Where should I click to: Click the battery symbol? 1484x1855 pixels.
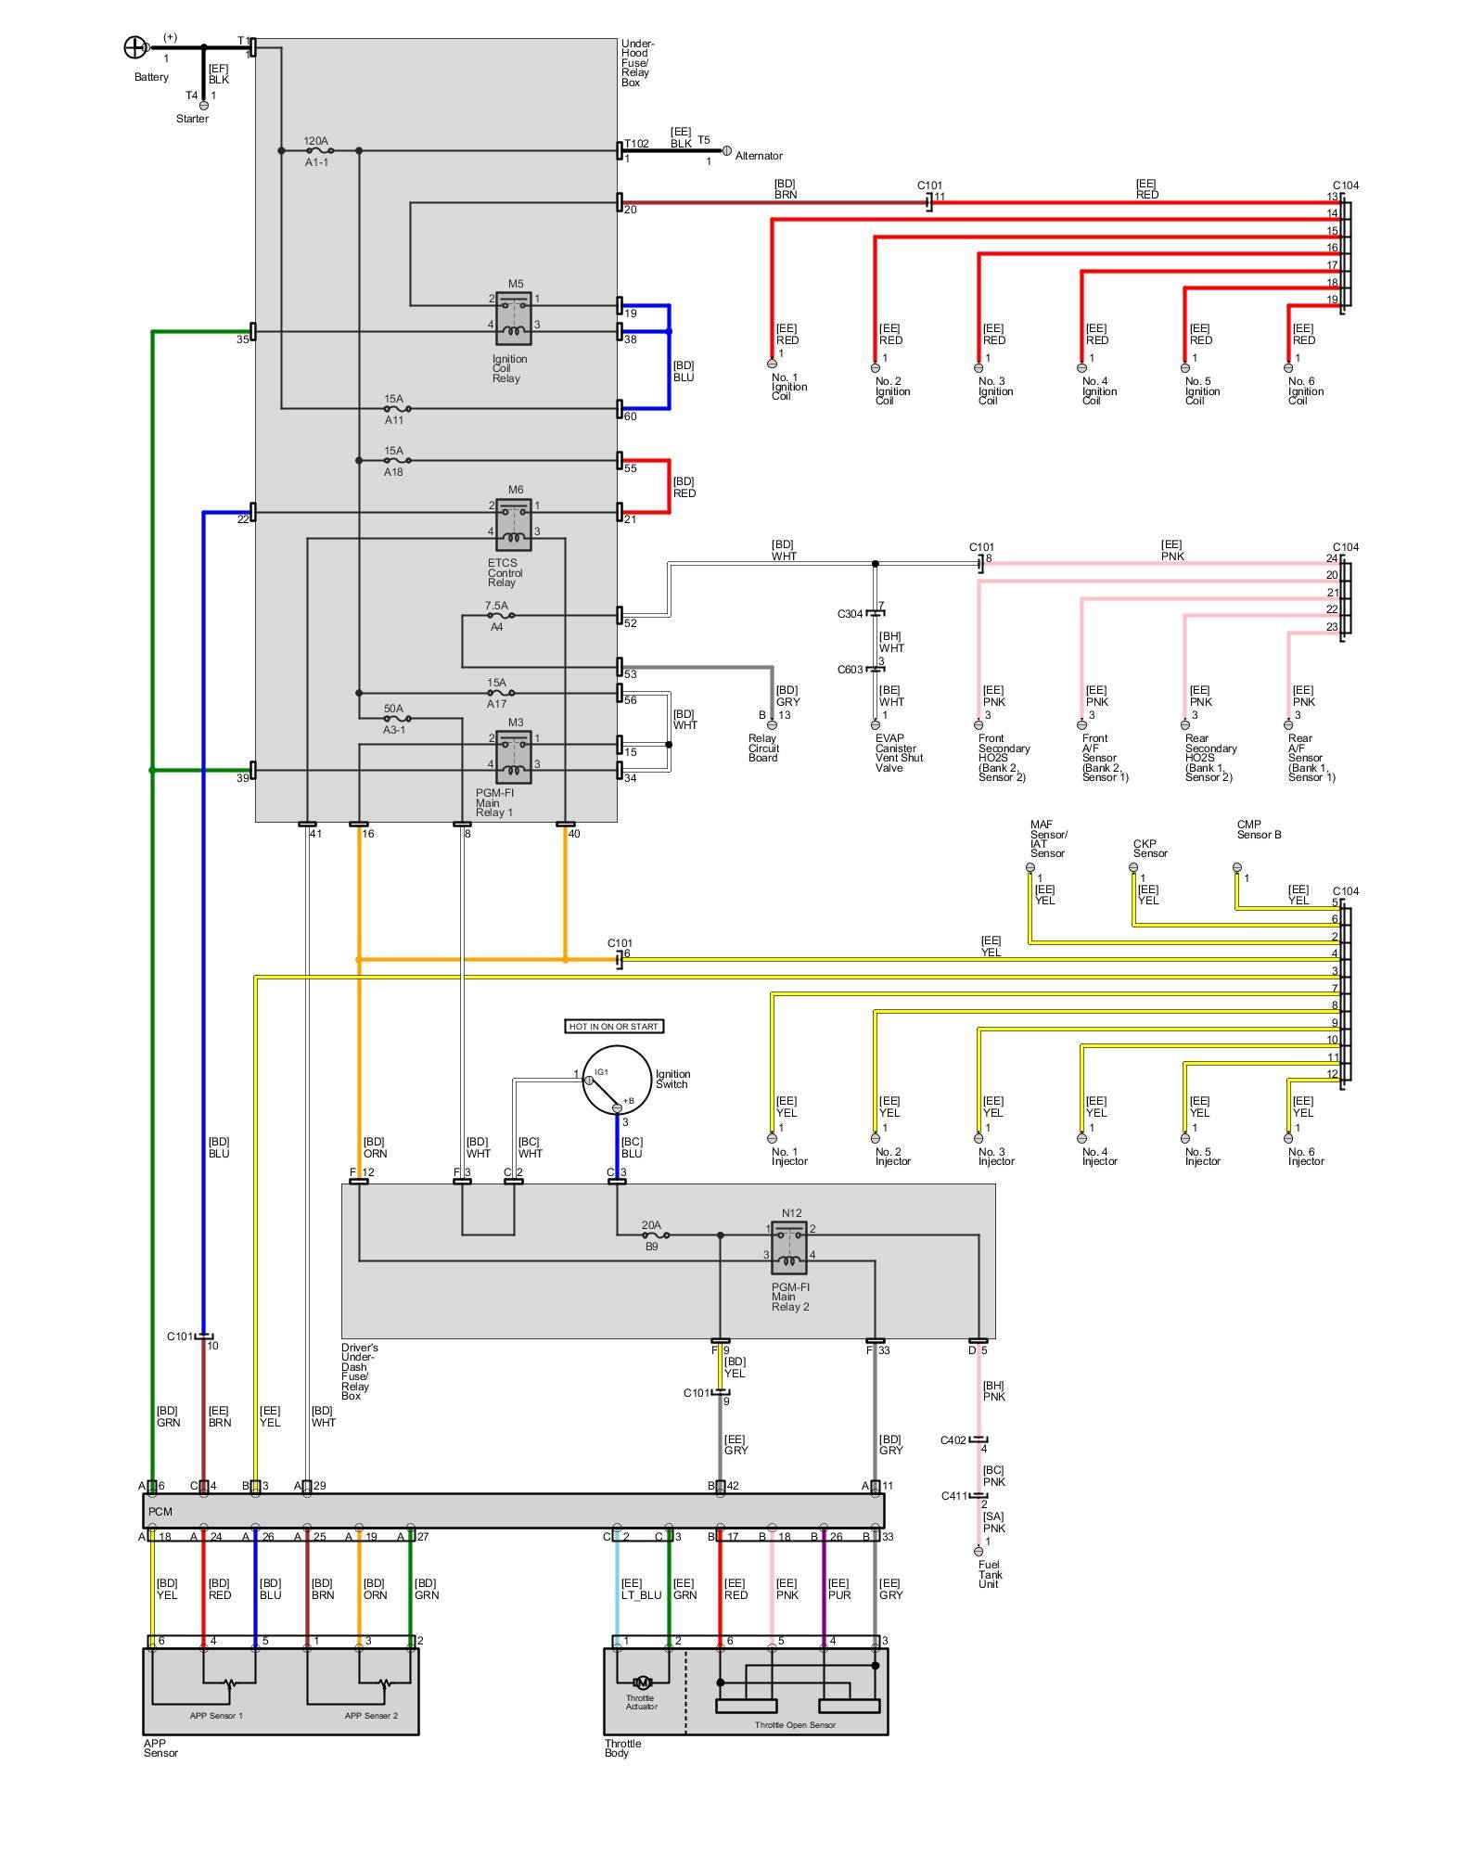[135, 47]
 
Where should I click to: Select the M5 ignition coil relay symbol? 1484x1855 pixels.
[514, 317]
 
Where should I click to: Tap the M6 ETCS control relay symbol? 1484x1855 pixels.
[514, 524]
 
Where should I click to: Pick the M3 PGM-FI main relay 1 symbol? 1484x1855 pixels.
[514, 757]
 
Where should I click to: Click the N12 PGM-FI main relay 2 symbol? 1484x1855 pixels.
[789, 1247]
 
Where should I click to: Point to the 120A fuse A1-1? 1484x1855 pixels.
[317, 150]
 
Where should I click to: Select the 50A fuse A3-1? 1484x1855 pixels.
[395, 718]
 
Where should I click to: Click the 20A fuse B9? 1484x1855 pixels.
[653, 1235]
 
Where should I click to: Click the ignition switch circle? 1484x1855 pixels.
[617, 1081]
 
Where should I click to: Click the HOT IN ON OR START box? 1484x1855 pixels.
[614, 1026]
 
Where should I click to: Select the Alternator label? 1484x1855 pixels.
[759, 156]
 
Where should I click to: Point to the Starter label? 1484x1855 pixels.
[192, 119]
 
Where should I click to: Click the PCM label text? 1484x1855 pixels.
[160, 1511]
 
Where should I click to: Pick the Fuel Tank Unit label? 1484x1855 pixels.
[990, 1574]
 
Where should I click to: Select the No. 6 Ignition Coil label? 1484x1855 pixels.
[1305, 390]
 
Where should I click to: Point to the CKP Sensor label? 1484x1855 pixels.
[1150, 849]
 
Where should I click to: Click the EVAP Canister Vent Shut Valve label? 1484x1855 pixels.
[899, 753]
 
